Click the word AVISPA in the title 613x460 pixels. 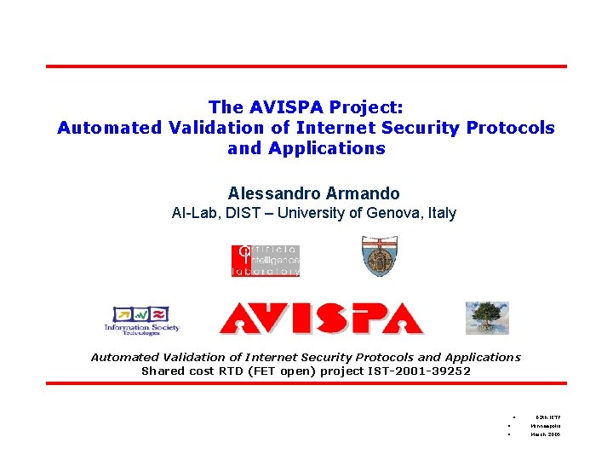pyautogui.click(x=287, y=107)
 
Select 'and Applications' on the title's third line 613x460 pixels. pyautogui.click(x=306, y=148)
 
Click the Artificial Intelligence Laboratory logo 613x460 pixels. pyautogui.click(x=266, y=261)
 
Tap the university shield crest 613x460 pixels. pyautogui.click(x=379, y=256)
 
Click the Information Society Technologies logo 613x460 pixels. pyautogui.click(x=141, y=320)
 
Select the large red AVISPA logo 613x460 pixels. pyautogui.click(x=321, y=318)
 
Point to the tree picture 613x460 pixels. pyautogui.click(x=486, y=318)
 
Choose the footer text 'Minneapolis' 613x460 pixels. pyautogui.click(x=545, y=425)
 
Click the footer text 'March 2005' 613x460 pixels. pyautogui.click(x=545, y=434)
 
